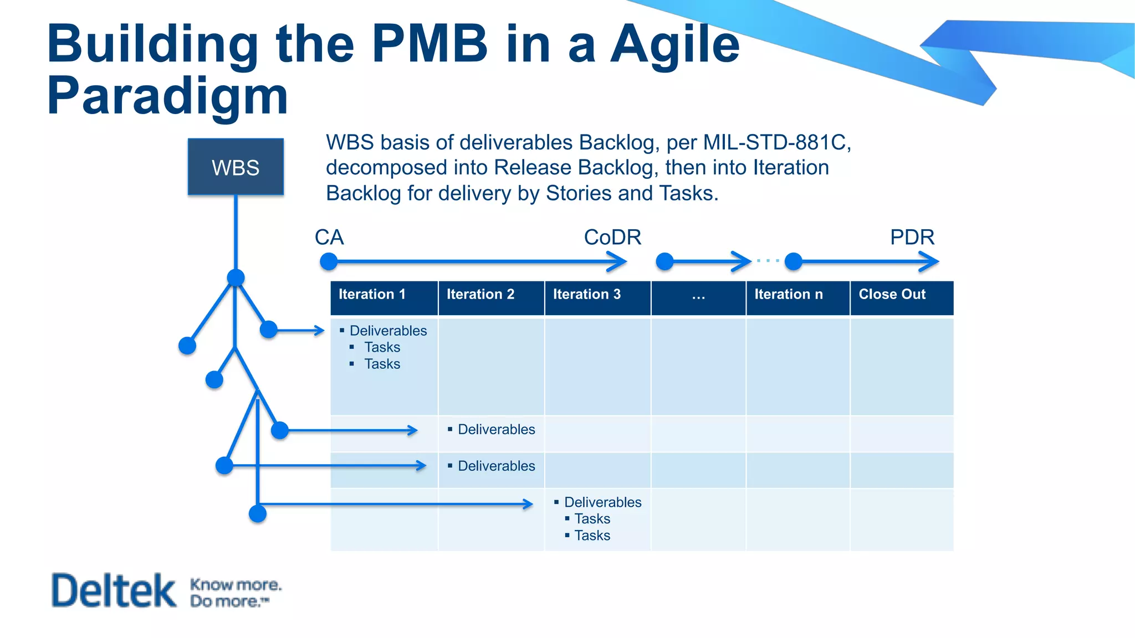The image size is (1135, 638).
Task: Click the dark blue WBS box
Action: tap(236, 167)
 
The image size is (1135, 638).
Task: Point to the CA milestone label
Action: tap(329, 238)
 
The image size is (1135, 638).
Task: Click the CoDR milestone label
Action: tap(612, 238)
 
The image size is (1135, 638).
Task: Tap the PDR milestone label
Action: tap(912, 238)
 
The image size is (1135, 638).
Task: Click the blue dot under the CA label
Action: tap(329, 261)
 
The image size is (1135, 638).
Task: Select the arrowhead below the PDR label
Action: tap(930, 261)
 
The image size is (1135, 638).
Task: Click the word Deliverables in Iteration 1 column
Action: tap(388, 331)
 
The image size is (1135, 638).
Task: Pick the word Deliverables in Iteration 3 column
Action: tap(602, 502)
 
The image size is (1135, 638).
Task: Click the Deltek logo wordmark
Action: tap(114, 590)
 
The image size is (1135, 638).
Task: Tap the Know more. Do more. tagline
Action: tap(235, 593)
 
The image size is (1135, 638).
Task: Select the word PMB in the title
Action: tap(429, 44)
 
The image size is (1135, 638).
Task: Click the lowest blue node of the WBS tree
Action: tap(258, 514)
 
